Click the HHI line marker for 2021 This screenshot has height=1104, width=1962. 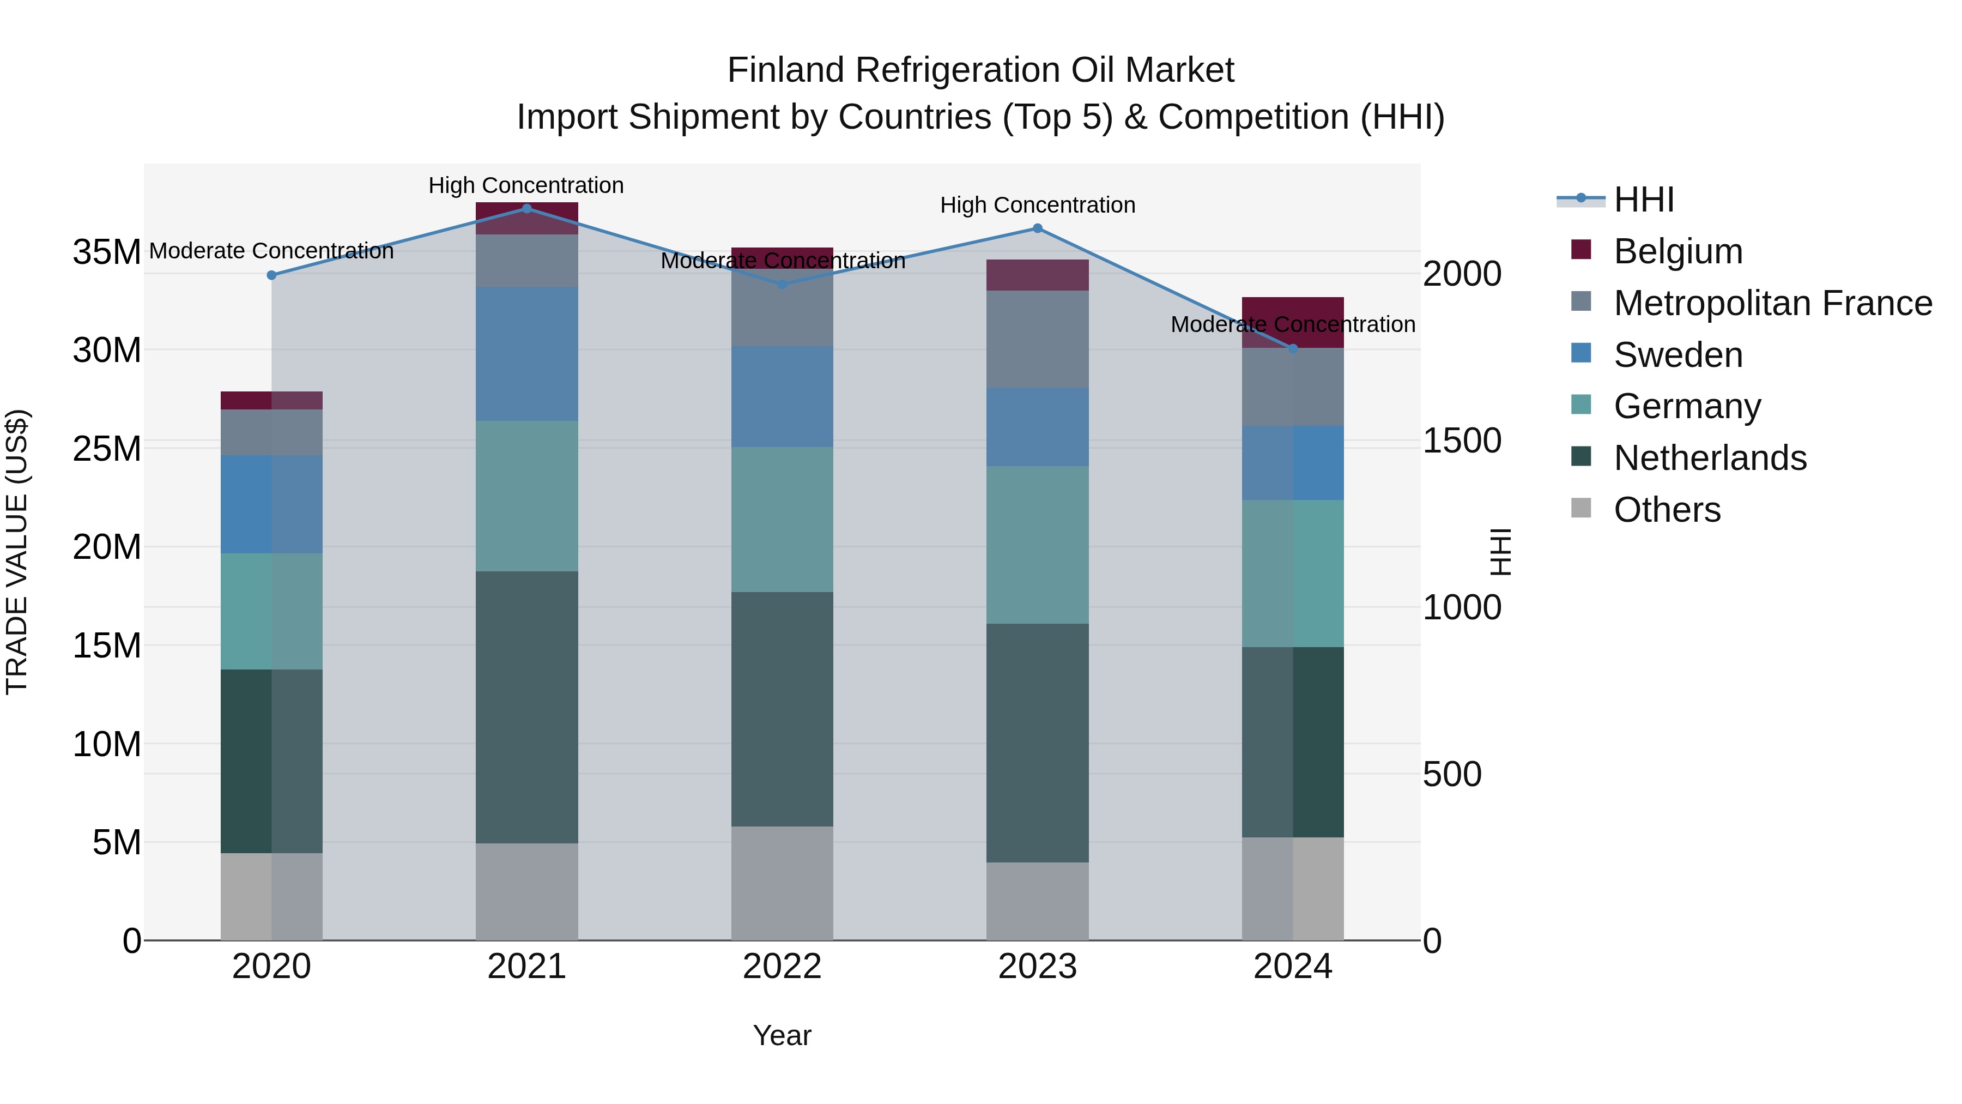click(526, 208)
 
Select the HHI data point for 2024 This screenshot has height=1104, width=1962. click(1293, 348)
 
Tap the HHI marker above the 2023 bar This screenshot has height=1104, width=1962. click(1037, 228)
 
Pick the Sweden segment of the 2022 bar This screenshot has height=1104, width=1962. click(782, 396)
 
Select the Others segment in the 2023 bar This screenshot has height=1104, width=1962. click(1037, 901)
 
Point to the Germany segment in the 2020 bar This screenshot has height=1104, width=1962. click(271, 611)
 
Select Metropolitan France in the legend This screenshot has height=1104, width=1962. click(1772, 303)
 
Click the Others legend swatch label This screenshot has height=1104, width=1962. click(1667, 510)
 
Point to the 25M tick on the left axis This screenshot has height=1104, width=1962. click(107, 449)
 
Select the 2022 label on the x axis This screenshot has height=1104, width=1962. click(782, 967)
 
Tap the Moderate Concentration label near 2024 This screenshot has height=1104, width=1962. click(1293, 324)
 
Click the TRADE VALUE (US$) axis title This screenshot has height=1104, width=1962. click(17, 552)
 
